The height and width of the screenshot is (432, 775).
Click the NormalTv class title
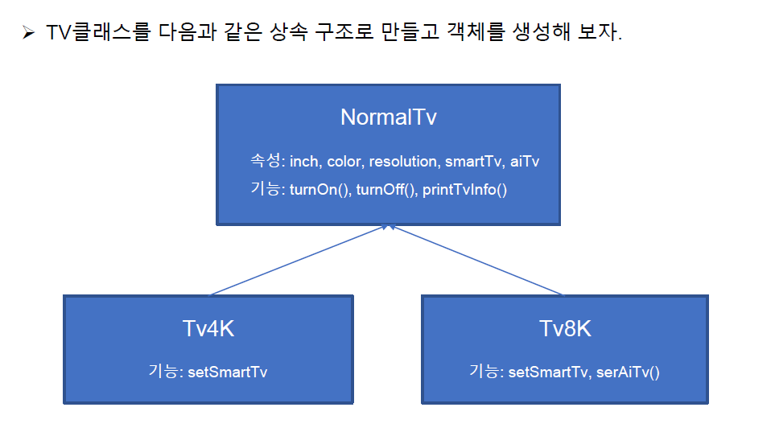pos(388,117)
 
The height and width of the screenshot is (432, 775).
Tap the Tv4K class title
pos(208,329)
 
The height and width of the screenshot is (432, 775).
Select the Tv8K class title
pos(564,329)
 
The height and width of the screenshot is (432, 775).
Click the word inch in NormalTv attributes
pos(305,162)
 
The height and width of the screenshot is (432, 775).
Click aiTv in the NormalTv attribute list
pos(525,162)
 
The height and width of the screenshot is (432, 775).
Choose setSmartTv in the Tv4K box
pos(228,372)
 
